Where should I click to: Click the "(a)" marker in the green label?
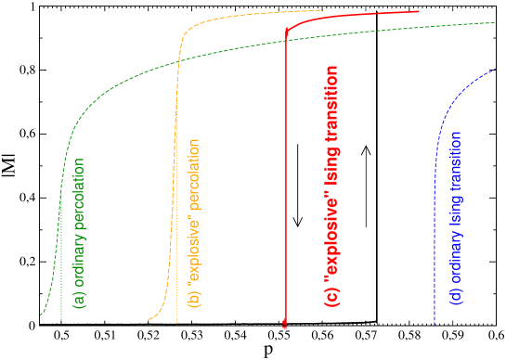point(80,300)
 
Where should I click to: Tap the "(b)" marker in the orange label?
point(194,298)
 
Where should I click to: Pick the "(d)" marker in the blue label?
point(456,299)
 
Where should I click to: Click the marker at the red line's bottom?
point(284,324)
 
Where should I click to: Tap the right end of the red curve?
point(418,12)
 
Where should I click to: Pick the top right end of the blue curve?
point(496,68)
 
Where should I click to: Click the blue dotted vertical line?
point(435,278)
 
